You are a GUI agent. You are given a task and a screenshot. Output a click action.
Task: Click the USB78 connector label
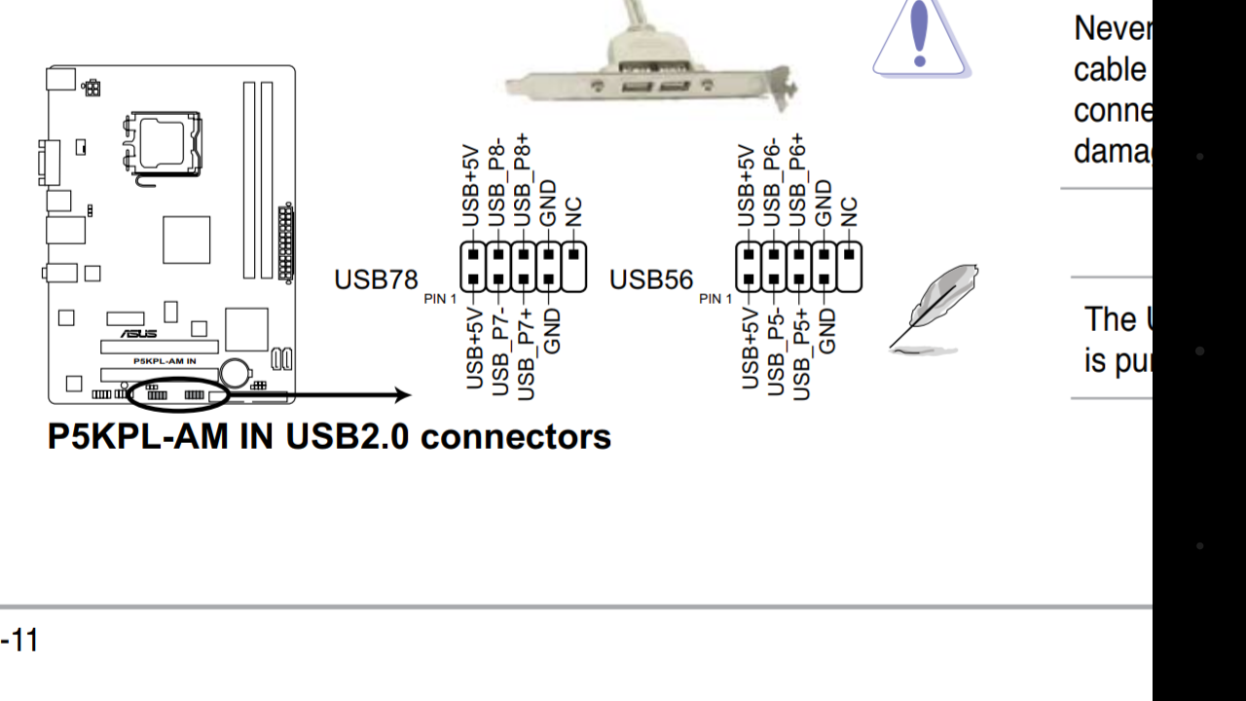376,279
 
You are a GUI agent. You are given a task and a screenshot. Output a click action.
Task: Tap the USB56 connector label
651,279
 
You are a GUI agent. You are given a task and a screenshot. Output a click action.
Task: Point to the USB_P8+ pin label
523,181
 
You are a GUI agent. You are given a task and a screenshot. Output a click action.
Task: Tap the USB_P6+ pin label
798,181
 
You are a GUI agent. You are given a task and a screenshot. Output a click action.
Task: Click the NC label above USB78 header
573,212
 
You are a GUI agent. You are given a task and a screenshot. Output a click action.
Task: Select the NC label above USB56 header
849,212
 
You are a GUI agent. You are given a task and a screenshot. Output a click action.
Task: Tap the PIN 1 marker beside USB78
440,299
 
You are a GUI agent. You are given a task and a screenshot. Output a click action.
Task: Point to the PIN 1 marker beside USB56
715,299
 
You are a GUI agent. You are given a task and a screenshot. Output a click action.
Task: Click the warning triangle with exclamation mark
920,39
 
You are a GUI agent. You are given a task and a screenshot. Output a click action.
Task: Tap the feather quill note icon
934,307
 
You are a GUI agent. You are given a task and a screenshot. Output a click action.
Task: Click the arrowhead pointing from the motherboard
401,394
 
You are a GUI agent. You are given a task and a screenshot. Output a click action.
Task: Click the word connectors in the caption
516,436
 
